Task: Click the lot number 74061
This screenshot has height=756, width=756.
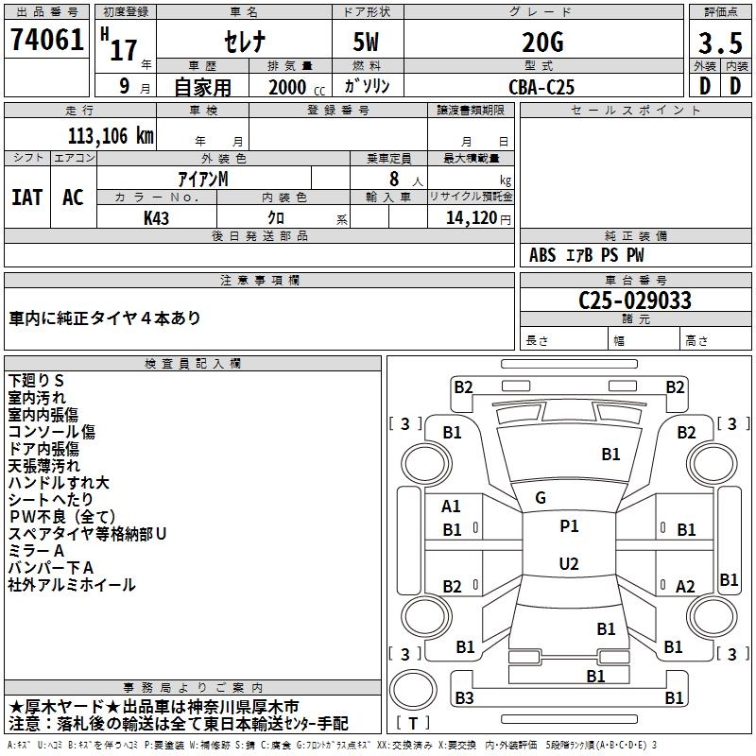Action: click(x=46, y=41)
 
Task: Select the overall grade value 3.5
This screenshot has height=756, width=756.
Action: click(x=719, y=43)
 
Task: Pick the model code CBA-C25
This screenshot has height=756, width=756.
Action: click(x=541, y=87)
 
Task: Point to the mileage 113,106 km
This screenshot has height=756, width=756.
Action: click(x=111, y=135)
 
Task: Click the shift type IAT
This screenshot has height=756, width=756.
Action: click(x=26, y=197)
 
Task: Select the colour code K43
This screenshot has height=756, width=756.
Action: click(x=157, y=217)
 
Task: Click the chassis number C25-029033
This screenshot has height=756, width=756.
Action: click(x=634, y=301)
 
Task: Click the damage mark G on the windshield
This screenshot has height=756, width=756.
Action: click(x=541, y=498)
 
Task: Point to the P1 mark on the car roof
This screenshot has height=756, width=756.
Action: click(x=569, y=526)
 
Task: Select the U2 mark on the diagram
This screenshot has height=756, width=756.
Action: click(x=569, y=564)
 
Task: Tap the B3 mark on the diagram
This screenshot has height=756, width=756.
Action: click(x=463, y=698)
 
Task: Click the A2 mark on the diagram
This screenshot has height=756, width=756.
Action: click(x=686, y=586)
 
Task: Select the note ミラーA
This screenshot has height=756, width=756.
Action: click(x=37, y=551)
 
